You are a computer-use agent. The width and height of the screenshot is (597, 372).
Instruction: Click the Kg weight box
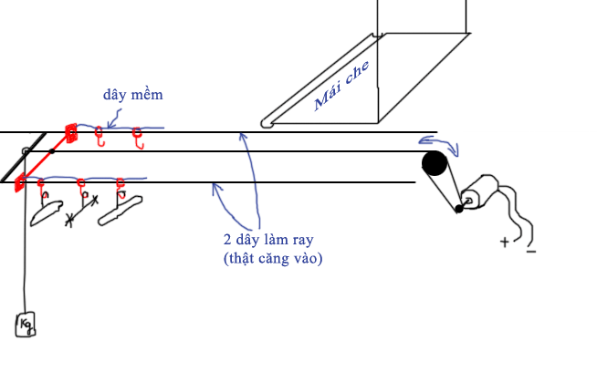coord(26,325)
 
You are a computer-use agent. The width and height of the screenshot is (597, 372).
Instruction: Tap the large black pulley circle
coord(435,163)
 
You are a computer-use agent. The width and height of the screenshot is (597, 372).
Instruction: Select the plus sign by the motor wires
coord(505,242)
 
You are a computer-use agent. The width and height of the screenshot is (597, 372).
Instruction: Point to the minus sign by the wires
coord(531,252)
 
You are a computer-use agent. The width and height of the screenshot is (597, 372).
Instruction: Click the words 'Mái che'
coord(341,87)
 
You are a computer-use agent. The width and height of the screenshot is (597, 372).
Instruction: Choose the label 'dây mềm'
coord(133,94)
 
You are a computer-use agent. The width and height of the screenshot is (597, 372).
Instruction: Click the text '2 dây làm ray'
coord(268,240)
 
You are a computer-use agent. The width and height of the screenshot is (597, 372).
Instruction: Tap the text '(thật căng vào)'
coord(273,258)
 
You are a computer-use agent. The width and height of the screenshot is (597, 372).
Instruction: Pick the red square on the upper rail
coord(71,133)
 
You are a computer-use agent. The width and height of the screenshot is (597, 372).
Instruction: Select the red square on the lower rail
coord(19,183)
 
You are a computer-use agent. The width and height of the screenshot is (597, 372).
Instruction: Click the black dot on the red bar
coord(52,151)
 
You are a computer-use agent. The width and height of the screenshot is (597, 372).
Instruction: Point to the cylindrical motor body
coord(480,192)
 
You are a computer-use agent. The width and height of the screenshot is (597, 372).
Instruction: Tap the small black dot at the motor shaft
coord(459,209)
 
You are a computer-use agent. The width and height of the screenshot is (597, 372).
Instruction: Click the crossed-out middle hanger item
coord(81,209)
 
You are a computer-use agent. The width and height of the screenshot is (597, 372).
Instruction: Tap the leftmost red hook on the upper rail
coord(99,136)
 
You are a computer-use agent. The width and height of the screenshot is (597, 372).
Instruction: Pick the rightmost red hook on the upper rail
coord(138,138)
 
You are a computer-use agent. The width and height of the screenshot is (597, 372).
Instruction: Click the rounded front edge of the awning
coord(267,124)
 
